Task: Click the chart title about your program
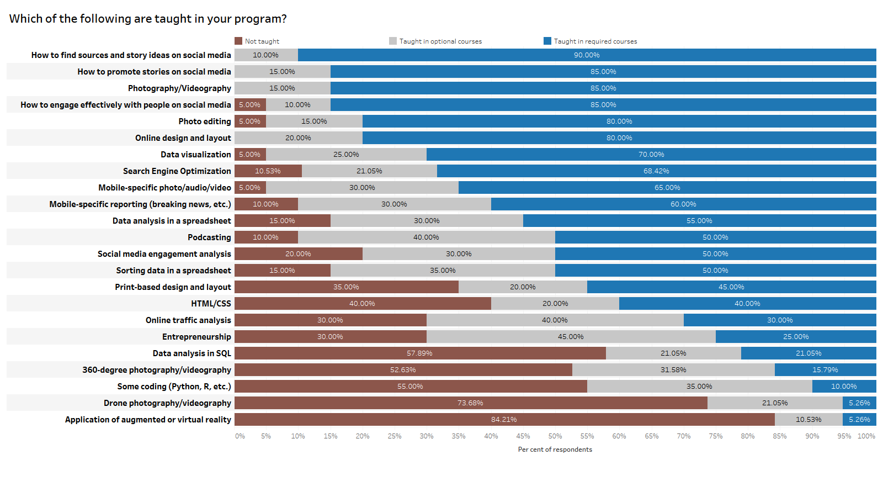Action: pos(148,19)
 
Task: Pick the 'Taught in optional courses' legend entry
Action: pos(435,41)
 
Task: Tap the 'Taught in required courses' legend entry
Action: pos(590,41)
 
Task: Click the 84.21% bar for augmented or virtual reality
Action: pos(504,420)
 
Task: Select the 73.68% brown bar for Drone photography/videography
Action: pos(470,403)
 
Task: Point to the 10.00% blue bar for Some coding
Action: pos(844,387)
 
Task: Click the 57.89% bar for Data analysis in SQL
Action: pos(419,353)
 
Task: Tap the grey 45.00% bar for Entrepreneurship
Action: pos(571,337)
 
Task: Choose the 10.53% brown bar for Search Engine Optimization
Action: pos(268,171)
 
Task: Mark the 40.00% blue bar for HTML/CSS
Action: pos(747,304)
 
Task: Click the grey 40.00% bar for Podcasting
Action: pos(426,237)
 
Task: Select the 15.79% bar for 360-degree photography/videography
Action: pos(825,370)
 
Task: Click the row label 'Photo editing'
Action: pos(205,121)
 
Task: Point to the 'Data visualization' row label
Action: pos(196,155)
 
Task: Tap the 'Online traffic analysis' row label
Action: pos(188,320)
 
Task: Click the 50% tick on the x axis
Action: pos(555,436)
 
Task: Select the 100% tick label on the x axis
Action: pos(866,436)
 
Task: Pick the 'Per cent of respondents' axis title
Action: pos(555,450)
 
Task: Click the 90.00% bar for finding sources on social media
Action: pos(587,55)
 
